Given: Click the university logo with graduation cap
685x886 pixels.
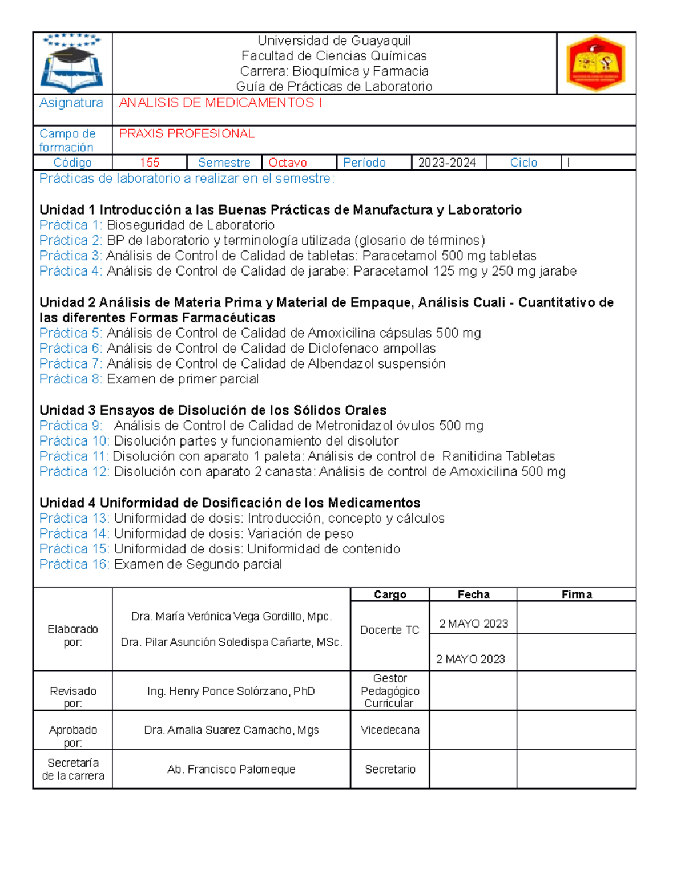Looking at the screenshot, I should (x=72, y=63).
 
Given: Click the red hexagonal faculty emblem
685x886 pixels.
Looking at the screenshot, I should (x=595, y=63).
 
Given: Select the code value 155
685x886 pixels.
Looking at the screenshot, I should (x=150, y=163).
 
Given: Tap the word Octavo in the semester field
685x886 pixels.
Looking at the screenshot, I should (x=287, y=163).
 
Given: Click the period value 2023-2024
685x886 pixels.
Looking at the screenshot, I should (x=446, y=163).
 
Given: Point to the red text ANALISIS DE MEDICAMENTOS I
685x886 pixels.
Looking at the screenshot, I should (x=220, y=103).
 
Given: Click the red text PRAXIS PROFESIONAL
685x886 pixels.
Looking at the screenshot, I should (x=187, y=133).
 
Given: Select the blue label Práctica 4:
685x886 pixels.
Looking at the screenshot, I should (x=71, y=271).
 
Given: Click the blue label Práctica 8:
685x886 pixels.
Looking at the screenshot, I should (x=71, y=379).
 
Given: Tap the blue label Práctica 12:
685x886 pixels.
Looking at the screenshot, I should (x=74, y=471).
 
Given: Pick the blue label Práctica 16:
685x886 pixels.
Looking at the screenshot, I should (x=74, y=564).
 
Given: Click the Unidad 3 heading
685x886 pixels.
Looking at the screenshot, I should (x=213, y=410).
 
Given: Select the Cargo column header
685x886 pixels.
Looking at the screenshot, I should (x=390, y=594).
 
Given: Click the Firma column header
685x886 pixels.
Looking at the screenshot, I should (x=577, y=594).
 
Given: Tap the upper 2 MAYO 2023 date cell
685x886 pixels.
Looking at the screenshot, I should (x=473, y=624).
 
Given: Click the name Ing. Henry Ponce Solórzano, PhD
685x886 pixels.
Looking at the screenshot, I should (x=231, y=691).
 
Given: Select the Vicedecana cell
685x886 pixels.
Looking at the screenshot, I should (x=390, y=730).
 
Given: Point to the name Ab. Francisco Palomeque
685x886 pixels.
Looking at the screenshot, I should (x=231, y=769).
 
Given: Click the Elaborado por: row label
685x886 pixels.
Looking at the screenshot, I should (x=72, y=635).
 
